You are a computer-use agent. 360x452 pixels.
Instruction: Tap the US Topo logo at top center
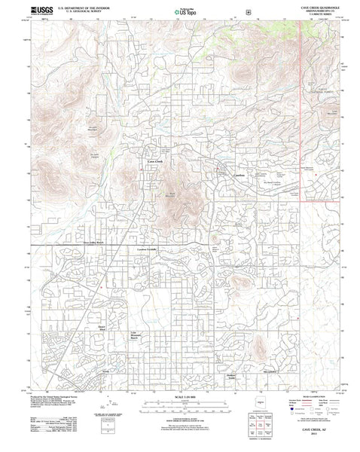pyautogui.click(x=181, y=12)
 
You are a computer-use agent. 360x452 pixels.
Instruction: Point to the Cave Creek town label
pyautogui.click(x=154, y=163)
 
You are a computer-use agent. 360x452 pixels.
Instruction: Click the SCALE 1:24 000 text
pyautogui.click(x=182, y=397)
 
